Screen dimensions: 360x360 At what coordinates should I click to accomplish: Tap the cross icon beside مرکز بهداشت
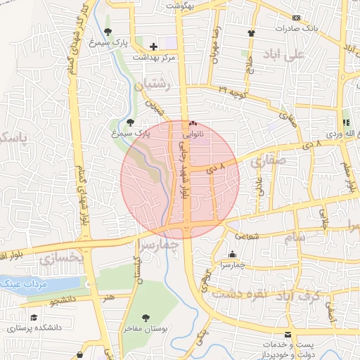pos(153,47)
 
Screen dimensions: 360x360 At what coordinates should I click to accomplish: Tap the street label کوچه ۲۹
pos(232,91)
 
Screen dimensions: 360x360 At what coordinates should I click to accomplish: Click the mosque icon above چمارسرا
pos(233,255)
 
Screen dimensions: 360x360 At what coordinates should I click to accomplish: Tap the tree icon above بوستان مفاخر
pos(146,318)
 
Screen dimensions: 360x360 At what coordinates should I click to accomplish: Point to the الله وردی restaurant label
pos(343,133)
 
